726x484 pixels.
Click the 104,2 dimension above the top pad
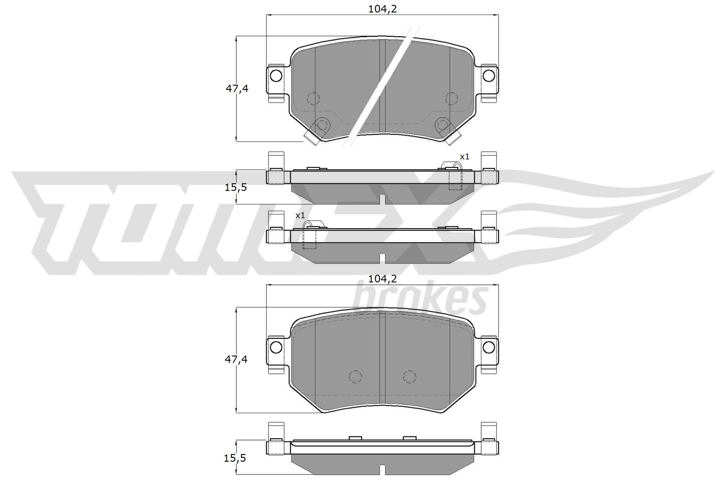coord(383,9)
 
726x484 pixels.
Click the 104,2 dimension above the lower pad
coord(383,278)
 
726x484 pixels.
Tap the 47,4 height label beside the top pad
coord(237,88)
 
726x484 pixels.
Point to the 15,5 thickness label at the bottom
coord(235,458)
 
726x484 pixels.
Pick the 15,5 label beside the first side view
coord(236,187)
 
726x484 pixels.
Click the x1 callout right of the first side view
coord(465,157)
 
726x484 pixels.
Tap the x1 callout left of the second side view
coord(300,215)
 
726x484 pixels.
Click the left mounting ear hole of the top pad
coord(276,76)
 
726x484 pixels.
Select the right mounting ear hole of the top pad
coord(488,76)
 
